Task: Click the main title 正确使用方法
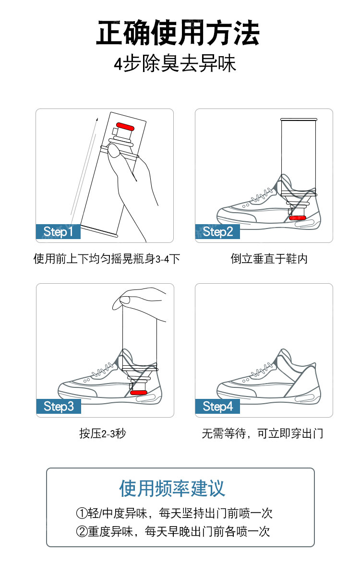178,33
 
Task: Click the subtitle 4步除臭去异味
175,64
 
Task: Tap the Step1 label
58,232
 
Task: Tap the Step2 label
217,232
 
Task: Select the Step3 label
59,407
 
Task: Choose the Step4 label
217,407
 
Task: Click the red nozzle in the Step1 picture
125,126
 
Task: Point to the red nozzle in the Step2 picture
298,217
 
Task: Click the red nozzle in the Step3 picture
138,392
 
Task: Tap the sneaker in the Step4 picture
268,376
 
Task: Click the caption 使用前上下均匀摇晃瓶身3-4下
107,259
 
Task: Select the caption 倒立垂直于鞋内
269,259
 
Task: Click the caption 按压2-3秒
103,433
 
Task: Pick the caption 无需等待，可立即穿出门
263,433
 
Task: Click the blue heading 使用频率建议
172,489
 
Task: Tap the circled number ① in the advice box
82,513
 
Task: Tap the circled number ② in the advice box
82,531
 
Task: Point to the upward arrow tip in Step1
97,118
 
